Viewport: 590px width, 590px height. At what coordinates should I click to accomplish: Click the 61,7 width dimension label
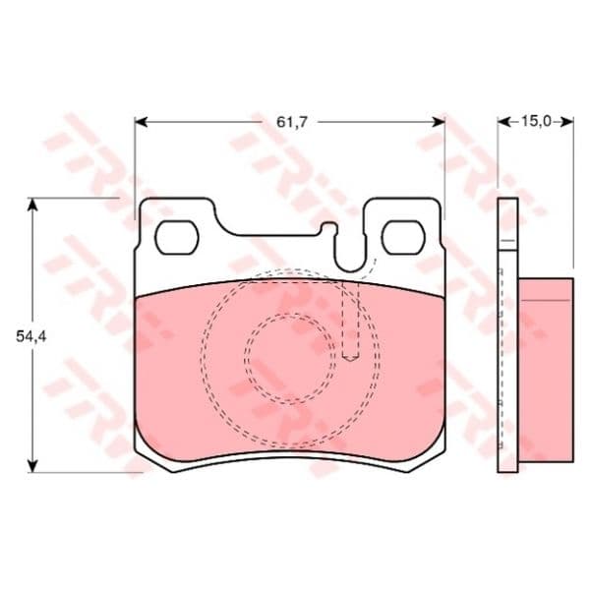(x=292, y=122)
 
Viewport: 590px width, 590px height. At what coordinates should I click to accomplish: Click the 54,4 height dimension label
(x=31, y=336)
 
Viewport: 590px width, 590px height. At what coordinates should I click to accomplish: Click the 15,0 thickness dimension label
(x=536, y=121)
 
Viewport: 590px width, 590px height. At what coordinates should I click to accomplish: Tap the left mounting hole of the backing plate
(x=176, y=237)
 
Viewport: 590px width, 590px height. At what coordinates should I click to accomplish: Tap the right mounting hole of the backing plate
(x=403, y=237)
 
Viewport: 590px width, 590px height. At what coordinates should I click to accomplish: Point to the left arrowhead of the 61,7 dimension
(x=141, y=122)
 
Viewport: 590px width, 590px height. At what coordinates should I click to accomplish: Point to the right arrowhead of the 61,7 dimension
(x=439, y=122)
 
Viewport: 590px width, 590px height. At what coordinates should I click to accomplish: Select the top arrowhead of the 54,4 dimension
(x=33, y=204)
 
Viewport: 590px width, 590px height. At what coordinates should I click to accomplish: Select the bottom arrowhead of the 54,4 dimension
(x=33, y=466)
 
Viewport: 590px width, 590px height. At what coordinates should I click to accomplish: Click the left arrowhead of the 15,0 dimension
(x=503, y=122)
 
